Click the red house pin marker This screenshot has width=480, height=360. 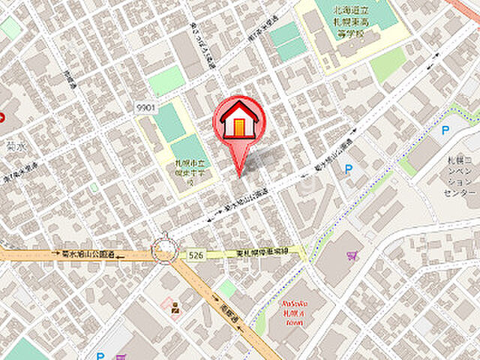tap(239, 120)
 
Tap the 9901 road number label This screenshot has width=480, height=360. tap(146, 108)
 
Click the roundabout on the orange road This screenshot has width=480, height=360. tap(163, 250)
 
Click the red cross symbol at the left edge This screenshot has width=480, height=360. tap(2, 117)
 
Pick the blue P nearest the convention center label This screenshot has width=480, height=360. tap(445, 130)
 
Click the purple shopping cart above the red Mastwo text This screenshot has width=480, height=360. tap(352, 256)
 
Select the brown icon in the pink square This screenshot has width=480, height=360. tap(175, 307)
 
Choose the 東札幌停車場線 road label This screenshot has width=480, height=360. tap(262, 254)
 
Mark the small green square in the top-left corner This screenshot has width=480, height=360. tap(10, 28)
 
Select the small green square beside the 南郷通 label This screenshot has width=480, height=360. tap(227, 288)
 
